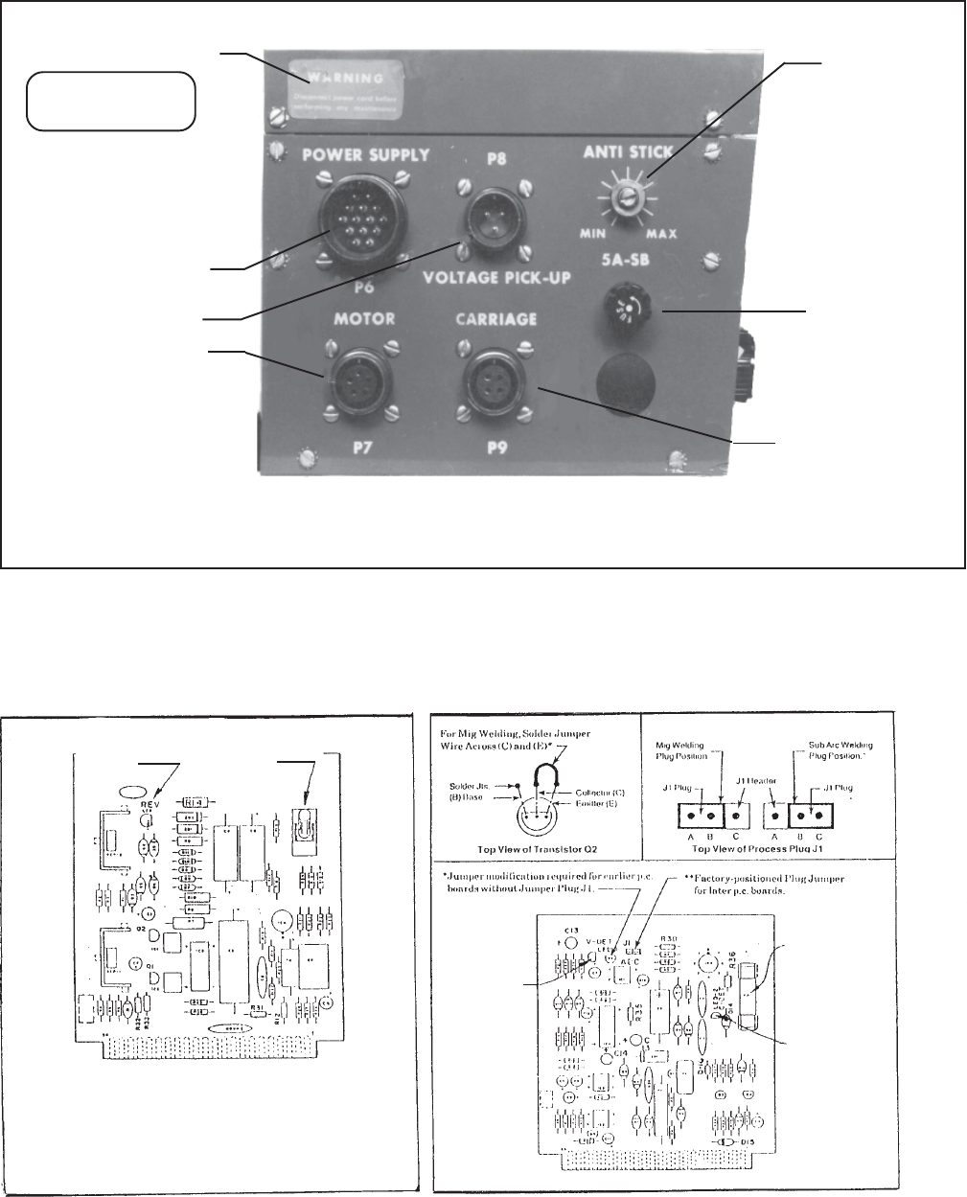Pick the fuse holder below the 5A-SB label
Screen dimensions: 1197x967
tap(633, 311)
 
